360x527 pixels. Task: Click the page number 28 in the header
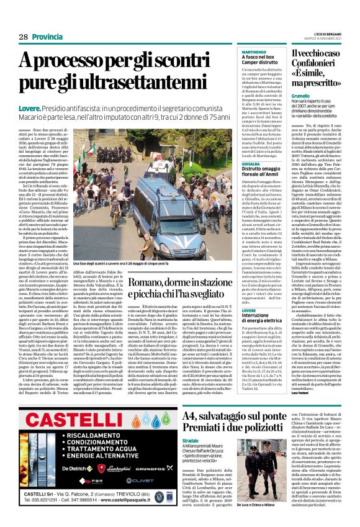(x=23, y=37)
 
